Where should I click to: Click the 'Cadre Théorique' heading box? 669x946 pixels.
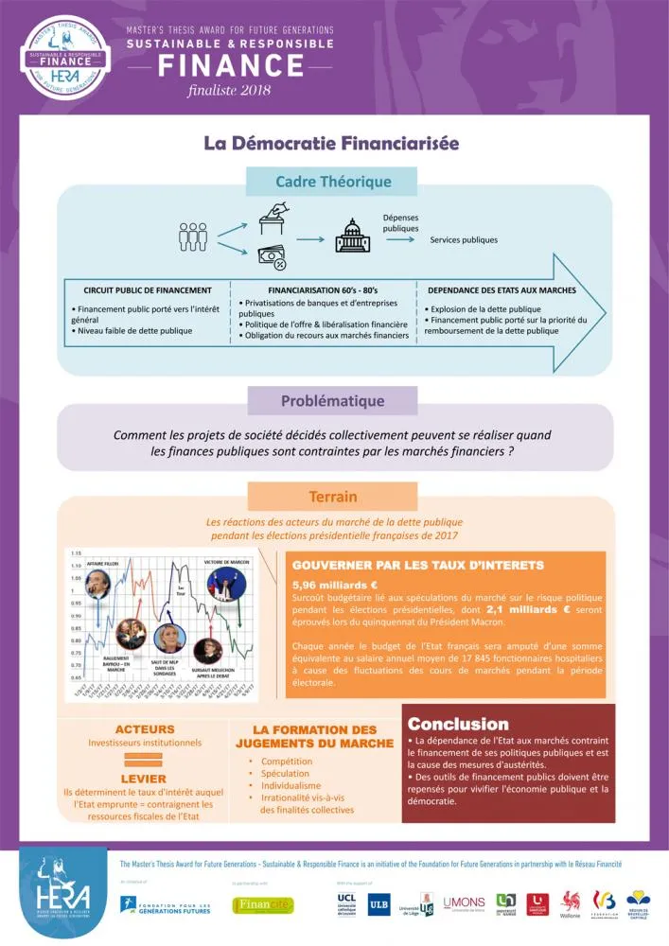click(x=333, y=182)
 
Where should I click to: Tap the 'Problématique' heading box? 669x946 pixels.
click(x=332, y=400)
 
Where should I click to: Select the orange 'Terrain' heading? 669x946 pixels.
click(x=332, y=497)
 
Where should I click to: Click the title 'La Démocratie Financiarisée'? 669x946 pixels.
click(x=332, y=143)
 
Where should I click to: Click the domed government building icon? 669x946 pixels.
click(x=353, y=236)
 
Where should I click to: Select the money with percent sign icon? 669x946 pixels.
click(x=273, y=255)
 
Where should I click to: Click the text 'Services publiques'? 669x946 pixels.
click(x=464, y=239)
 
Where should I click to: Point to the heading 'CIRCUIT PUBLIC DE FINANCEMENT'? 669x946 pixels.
click(x=148, y=290)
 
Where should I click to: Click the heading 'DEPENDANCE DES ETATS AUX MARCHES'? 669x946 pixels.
click(x=502, y=290)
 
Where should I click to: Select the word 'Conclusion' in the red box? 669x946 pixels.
click(x=458, y=724)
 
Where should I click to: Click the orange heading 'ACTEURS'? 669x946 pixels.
click(x=145, y=729)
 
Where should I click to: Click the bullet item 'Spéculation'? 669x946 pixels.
click(x=285, y=773)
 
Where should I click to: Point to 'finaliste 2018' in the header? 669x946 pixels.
click(x=230, y=90)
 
